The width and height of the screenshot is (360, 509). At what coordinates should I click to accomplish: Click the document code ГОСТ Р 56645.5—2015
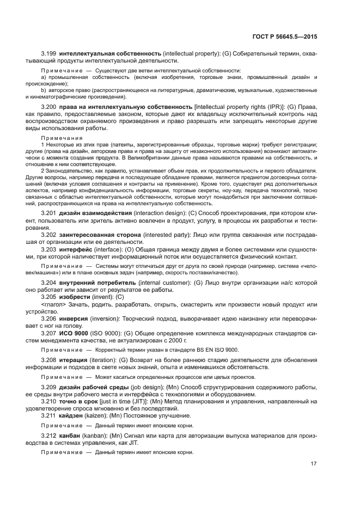[x=289, y=36]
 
